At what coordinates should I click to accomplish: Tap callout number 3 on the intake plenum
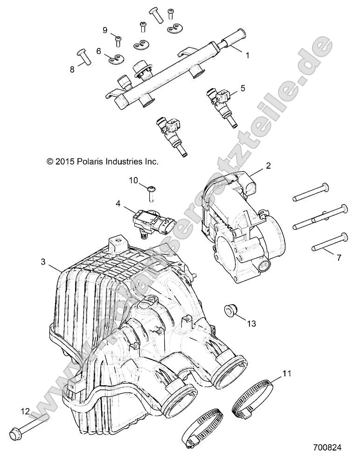pos(43,263)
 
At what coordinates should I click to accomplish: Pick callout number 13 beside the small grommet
pos(251,323)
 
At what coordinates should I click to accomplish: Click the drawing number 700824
pos(328,448)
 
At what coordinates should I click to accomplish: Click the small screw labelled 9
pos(118,40)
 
